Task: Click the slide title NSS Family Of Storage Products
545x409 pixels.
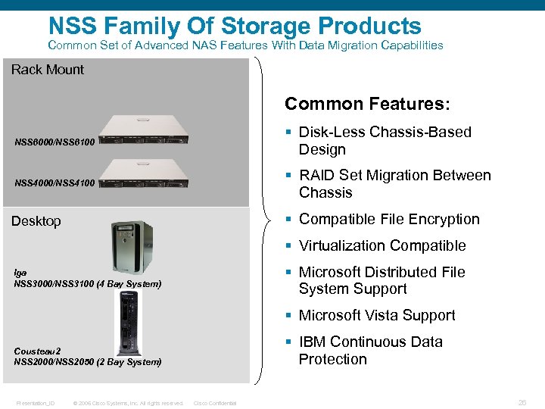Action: click(x=234, y=25)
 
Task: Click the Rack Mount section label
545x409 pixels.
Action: click(x=48, y=70)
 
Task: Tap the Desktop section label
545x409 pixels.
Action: click(x=36, y=221)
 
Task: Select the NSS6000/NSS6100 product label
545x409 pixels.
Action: click(x=54, y=142)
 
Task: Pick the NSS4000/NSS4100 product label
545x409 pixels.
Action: click(x=54, y=183)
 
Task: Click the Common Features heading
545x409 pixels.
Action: click(x=367, y=104)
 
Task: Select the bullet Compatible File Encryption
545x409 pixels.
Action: click(x=389, y=219)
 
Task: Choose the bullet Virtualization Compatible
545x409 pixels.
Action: click(x=382, y=245)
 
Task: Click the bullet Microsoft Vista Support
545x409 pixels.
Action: click(x=377, y=315)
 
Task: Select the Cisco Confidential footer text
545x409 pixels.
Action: click(x=215, y=403)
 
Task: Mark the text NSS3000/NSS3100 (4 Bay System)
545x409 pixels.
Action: click(x=87, y=284)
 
